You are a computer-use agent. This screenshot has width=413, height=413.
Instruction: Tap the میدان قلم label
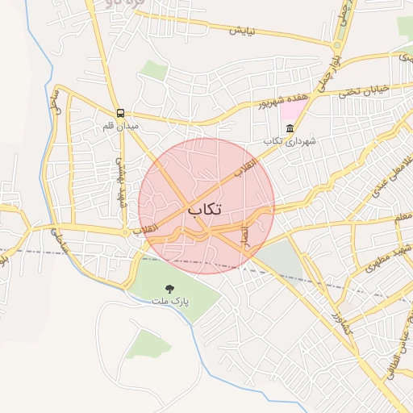point(121,127)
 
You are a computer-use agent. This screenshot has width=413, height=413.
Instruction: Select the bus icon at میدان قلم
point(120,114)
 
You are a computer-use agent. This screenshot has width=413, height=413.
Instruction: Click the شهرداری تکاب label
point(290,141)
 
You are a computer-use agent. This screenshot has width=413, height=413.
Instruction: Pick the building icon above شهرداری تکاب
point(290,128)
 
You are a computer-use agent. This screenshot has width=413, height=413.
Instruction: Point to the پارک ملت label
point(169,301)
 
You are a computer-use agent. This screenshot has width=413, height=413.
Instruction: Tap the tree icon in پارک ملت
point(169,288)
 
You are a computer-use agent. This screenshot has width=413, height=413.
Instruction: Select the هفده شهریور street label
point(283,100)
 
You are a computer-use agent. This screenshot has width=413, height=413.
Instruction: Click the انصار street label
point(243,234)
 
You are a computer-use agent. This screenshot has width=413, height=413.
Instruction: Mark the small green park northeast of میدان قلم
point(153,70)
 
